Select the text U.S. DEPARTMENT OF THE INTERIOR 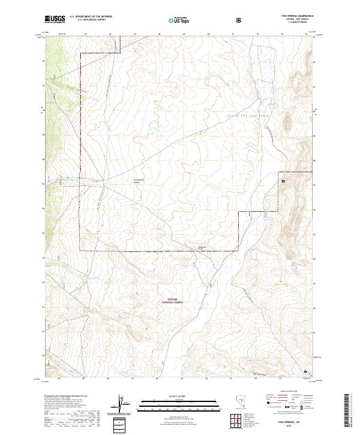[91, 17]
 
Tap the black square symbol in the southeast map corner [305, 371]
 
